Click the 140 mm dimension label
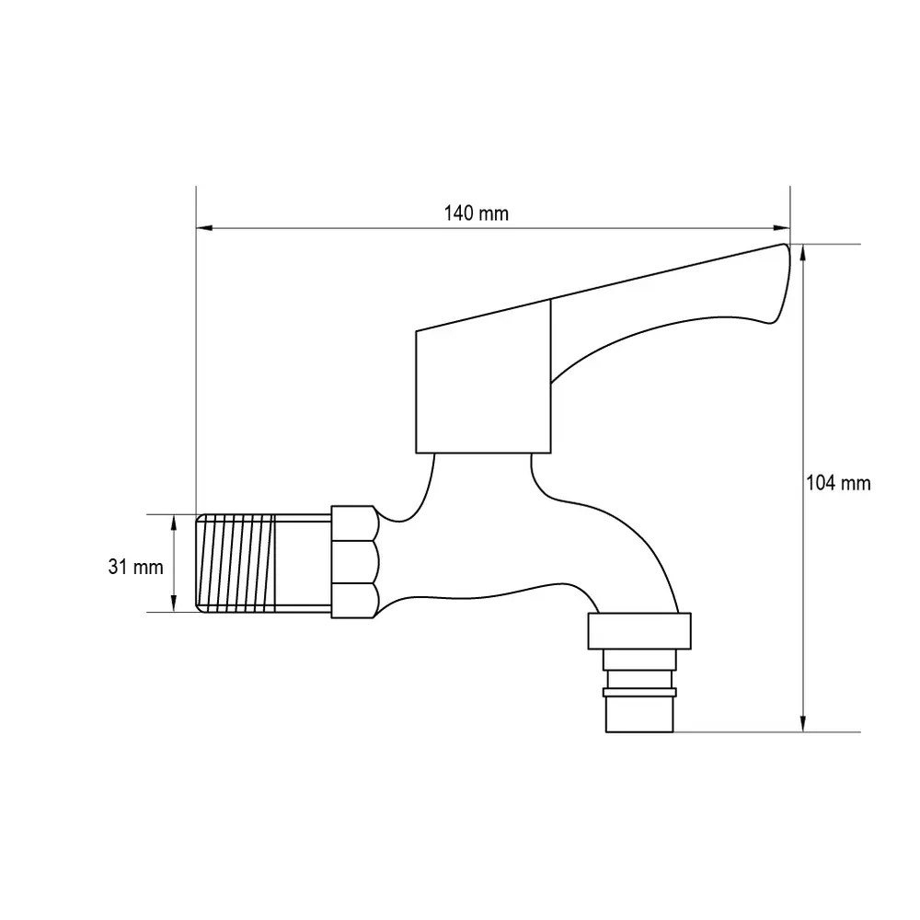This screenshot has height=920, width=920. (x=476, y=213)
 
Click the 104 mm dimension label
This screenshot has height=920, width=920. (x=838, y=484)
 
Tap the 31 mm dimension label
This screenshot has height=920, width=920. (x=135, y=568)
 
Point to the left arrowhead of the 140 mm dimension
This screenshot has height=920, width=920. (x=203, y=228)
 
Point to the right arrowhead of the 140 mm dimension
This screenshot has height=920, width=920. (x=782, y=228)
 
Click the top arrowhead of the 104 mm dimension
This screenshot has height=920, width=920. (x=802, y=252)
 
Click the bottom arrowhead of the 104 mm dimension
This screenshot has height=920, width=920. (x=802, y=723)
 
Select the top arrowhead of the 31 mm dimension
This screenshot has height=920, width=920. (x=174, y=523)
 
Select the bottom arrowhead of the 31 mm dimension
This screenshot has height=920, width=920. (x=174, y=604)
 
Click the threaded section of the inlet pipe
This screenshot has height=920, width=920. (x=236, y=564)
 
